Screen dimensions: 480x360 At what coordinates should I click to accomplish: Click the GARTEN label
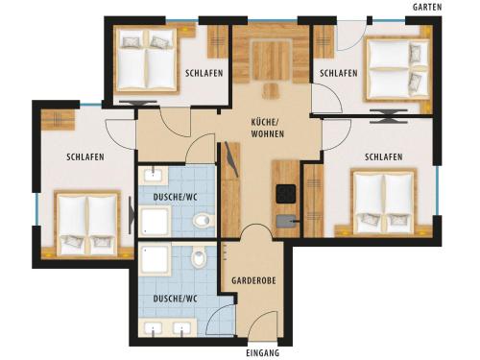coord(427,7)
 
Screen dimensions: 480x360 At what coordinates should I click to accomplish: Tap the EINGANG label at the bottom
coord(263,353)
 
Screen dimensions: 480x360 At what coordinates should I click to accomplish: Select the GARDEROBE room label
coord(253,280)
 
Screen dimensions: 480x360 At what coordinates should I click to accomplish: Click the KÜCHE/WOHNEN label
coord(267,128)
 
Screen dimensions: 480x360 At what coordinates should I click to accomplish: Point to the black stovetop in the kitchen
coord(286,194)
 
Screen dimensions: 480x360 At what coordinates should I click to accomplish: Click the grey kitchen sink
coord(287,221)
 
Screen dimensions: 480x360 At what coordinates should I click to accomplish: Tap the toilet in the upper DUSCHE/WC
coord(202,220)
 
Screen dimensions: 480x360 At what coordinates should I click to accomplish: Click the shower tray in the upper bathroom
coord(155,220)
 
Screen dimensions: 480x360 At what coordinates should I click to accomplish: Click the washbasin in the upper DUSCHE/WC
coord(153,175)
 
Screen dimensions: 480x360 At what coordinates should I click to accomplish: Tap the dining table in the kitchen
coord(272,60)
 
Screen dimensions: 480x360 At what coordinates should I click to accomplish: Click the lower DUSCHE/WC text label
coord(175,299)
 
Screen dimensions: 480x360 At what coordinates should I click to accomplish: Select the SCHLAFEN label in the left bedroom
coord(85,157)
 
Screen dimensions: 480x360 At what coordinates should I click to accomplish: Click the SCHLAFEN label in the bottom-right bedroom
coord(383,157)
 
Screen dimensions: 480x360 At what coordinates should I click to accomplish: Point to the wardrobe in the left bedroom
coord(58,120)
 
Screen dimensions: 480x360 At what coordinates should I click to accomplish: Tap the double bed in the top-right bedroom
coord(396,69)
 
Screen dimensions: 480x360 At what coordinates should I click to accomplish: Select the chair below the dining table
coord(271,91)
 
